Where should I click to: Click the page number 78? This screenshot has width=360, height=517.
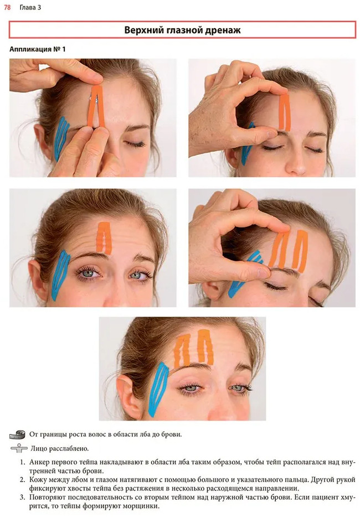click(x=7, y=7)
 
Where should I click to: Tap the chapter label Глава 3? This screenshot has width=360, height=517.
click(x=30, y=7)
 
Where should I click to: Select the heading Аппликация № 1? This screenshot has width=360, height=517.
click(x=37, y=49)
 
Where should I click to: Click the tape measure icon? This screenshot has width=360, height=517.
click(x=17, y=435)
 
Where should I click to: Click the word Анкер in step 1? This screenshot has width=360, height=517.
click(x=39, y=462)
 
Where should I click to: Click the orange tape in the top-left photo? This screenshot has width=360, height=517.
click(x=96, y=106)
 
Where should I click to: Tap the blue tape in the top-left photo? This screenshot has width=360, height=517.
click(x=61, y=138)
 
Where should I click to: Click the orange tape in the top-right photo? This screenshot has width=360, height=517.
click(x=284, y=113)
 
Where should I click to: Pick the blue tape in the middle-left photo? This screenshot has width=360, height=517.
click(x=61, y=275)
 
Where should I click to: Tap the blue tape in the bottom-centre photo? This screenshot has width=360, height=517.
click(x=158, y=389)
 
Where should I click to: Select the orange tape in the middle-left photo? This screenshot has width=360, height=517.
click(x=104, y=238)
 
